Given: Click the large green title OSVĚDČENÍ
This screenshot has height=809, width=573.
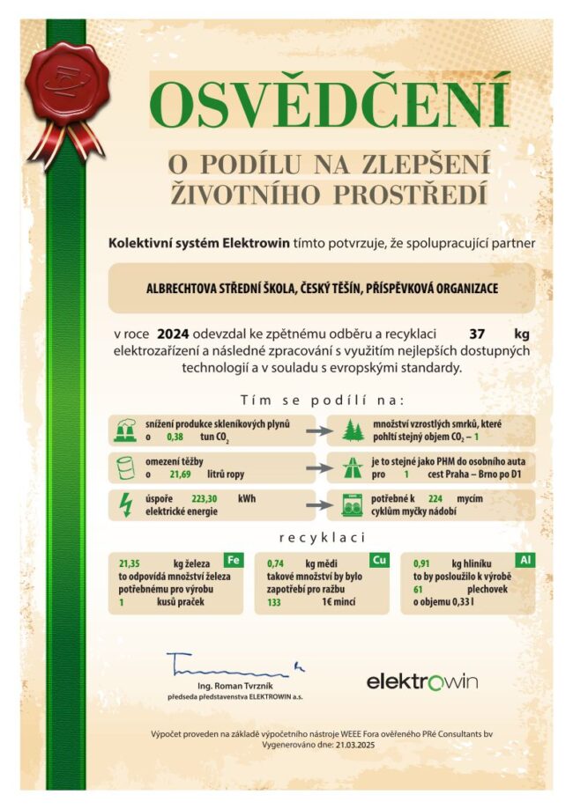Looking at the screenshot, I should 329,103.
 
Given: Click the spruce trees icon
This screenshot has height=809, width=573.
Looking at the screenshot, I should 352,430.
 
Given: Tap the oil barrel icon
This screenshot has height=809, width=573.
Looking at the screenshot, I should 124,467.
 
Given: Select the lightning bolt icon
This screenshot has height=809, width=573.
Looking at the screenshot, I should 124,504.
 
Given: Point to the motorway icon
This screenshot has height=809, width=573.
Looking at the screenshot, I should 352,467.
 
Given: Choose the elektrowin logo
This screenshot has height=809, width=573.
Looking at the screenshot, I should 421,682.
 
